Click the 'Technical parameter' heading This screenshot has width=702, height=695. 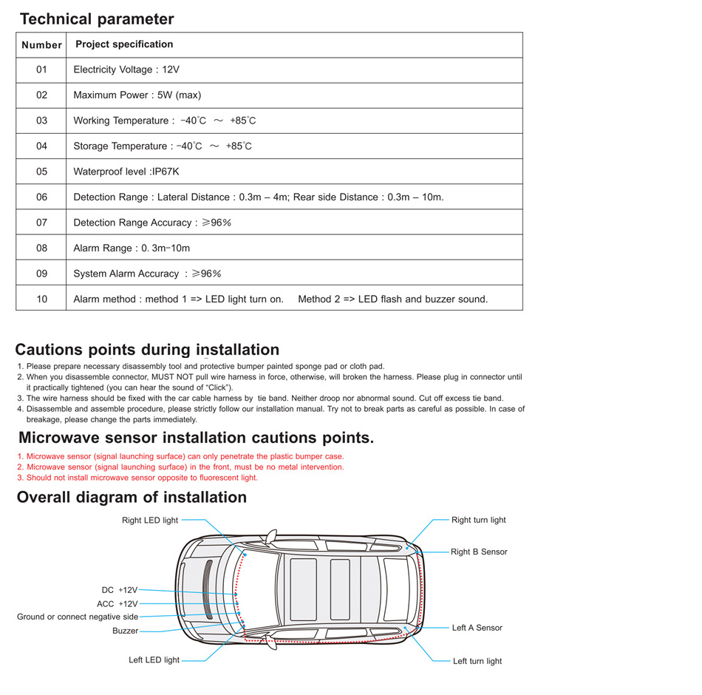[97, 19]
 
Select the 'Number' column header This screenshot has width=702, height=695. [41, 45]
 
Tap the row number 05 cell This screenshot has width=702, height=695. [41, 172]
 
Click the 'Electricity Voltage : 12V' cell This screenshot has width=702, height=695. [126, 69]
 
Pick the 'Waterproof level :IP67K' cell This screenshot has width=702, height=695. [126, 172]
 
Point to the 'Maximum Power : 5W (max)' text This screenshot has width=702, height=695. [137, 95]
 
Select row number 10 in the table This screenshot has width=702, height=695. [41, 299]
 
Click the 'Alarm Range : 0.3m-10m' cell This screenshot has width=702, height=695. [132, 248]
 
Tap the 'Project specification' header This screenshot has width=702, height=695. [124, 44]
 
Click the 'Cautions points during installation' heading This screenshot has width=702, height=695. [147, 350]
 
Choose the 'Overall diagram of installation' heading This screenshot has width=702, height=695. [132, 498]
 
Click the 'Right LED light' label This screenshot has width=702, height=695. [150, 521]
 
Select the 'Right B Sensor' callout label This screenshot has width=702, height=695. [479, 552]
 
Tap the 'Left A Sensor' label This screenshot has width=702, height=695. [477, 628]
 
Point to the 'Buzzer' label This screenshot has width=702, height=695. [126, 631]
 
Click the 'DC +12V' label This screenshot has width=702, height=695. [120, 590]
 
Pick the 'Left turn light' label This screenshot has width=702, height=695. [477, 661]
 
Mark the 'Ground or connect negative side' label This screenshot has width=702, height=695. [78, 617]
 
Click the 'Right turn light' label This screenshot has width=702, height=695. [479, 521]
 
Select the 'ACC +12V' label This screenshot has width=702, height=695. [117, 604]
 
